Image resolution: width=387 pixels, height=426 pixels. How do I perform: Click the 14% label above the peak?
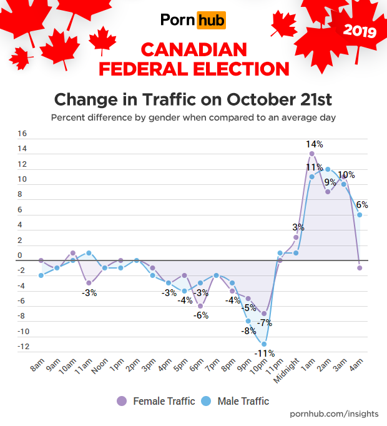point(314,144)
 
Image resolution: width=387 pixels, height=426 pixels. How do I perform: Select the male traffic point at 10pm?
point(264,344)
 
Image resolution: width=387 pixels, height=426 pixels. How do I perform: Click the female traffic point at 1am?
point(311,154)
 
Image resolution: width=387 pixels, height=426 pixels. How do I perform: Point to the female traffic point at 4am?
point(360,267)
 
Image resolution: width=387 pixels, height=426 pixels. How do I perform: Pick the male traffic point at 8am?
point(41,275)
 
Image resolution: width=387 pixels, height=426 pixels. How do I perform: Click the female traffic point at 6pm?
point(200,305)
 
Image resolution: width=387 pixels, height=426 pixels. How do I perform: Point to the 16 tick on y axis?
point(22,134)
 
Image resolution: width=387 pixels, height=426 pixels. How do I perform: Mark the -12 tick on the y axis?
point(22,347)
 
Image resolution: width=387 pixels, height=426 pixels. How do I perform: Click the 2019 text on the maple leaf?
point(360,31)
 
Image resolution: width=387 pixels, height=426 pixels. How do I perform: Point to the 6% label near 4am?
point(361,204)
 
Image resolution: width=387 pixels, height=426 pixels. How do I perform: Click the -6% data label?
point(200,315)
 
